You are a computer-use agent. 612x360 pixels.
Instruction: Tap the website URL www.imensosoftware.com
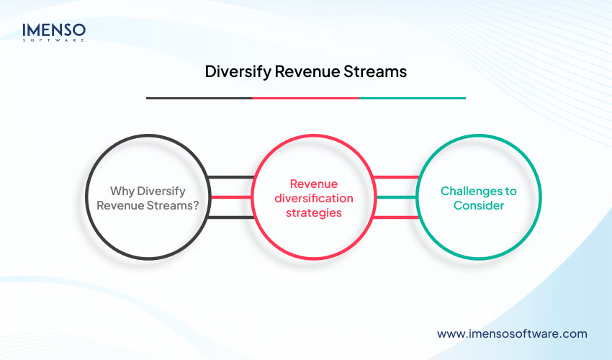click(x=512, y=333)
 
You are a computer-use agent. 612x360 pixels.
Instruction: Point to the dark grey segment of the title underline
click(x=199, y=98)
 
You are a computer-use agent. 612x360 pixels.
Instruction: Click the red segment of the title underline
click(x=305, y=98)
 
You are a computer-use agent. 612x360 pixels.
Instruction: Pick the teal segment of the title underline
click(x=412, y=98)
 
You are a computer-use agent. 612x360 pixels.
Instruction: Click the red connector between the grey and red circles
click(x=229, y=197)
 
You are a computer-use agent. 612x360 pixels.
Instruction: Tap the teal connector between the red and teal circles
click(x=395, y=197)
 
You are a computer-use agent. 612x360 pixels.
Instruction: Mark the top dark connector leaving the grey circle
click(x=230, y=176)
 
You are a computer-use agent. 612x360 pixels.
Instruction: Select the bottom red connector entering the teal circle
click(x=395, y=217)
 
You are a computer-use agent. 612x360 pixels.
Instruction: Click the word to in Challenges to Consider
click(x=510, y=191)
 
